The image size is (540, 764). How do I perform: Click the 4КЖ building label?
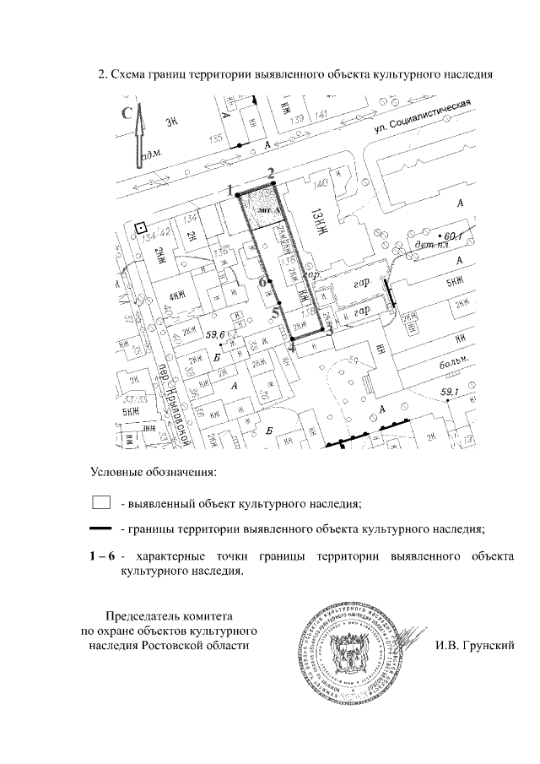(x=177, y=295)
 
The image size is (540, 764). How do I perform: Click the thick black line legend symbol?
(x=101, y=529)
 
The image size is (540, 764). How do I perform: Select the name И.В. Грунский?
(x=475, y=646)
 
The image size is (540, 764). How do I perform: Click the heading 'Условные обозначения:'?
(x=154, y=469)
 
